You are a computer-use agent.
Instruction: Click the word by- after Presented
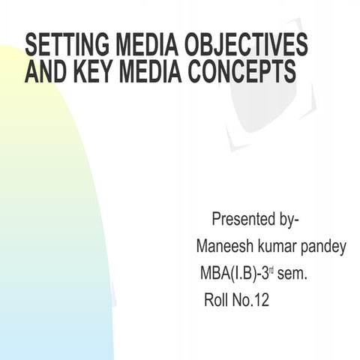[286, 220]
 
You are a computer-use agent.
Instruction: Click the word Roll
[217, 301]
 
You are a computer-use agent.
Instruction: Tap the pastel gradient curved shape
[45, 225]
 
